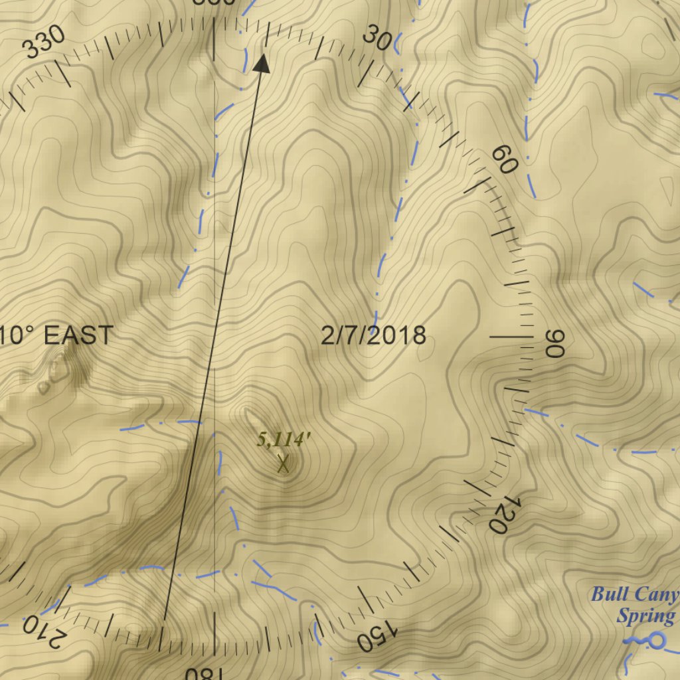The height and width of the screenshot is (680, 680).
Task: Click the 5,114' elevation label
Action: click(x=284, y=439)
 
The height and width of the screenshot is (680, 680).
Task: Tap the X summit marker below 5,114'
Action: click(x=284, y=464)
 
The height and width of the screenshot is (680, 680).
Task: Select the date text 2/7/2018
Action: click(x=373, y=336)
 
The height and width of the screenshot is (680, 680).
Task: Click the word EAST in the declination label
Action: click(x=79, y=336)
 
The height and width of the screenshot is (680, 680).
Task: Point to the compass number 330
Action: click(x=44, y=42)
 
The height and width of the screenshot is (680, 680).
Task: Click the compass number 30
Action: click(x=377, y=40)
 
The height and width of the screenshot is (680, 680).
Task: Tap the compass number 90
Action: click(x=554, y=343)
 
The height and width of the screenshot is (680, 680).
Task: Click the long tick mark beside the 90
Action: click(x=511, y=337)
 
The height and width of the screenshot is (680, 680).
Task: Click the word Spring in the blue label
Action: click(x=645, y=616)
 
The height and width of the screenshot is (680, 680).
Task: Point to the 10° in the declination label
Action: click(x=17, y=336)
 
